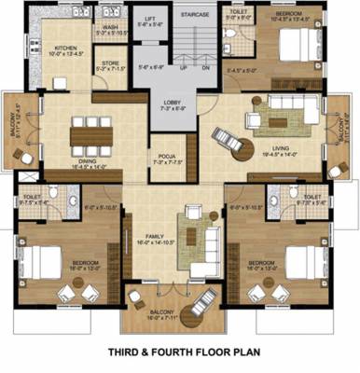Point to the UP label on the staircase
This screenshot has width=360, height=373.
184,68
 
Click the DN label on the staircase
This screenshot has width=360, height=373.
206,68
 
